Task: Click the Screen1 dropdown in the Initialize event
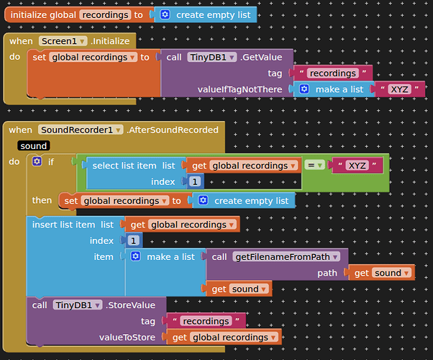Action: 63,41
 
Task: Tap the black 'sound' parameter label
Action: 34,145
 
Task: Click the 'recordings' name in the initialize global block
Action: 104,14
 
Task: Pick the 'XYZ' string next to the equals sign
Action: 357,166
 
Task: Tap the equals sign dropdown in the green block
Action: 315,166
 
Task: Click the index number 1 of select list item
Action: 196,182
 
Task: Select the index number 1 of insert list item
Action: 134,240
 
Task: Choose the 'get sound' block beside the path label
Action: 383,273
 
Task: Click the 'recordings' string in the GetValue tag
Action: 332,73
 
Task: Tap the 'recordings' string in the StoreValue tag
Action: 205,321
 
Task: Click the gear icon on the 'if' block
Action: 37,162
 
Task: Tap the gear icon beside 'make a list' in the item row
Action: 135,257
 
